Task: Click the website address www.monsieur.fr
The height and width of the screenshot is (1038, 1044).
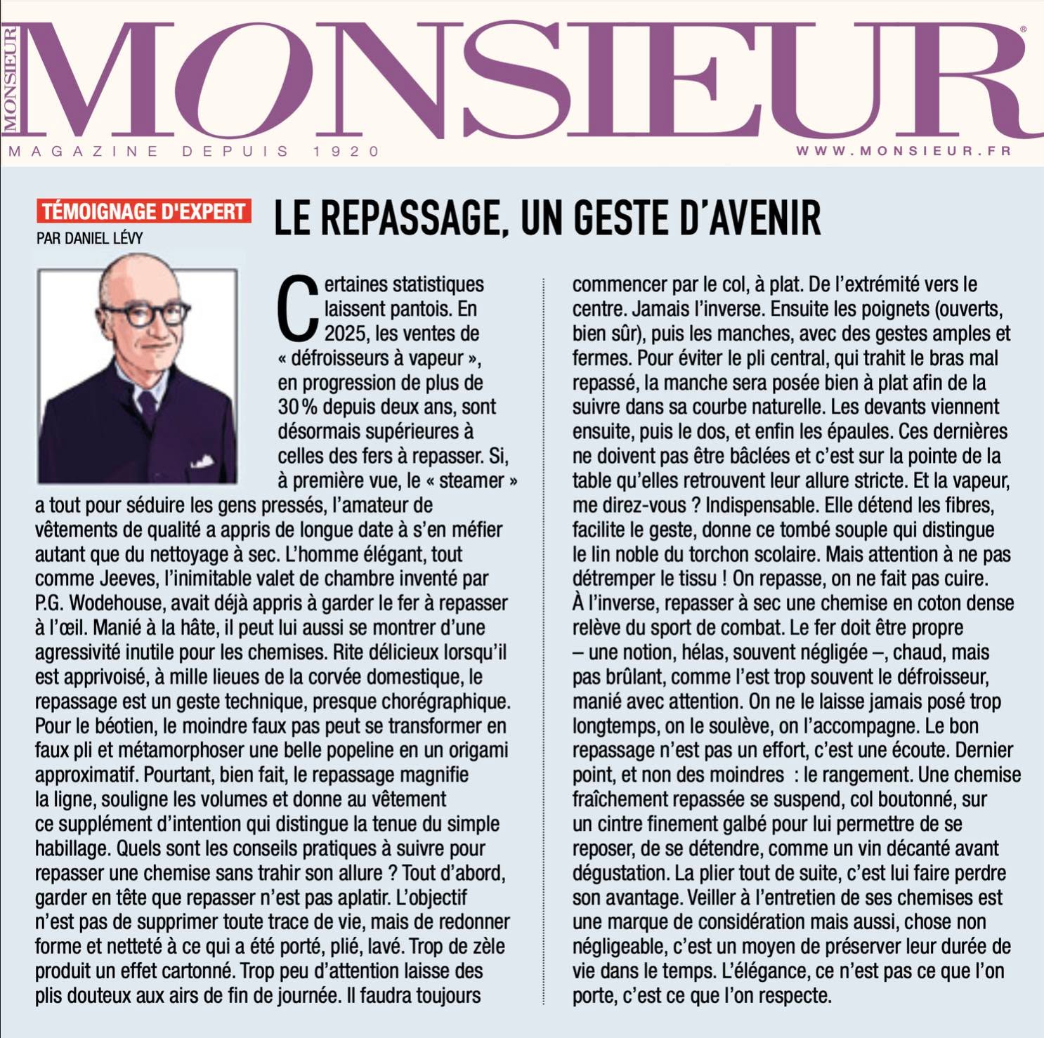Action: coord(903,151)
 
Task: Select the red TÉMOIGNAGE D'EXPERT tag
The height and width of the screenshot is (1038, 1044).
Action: coord(143,211)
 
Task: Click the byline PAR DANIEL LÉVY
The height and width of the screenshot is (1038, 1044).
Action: coord(89,238)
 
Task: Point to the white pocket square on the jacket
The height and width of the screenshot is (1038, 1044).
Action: coord(202,461)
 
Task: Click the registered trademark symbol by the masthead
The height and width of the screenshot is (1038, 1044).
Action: coord(1023,29)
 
